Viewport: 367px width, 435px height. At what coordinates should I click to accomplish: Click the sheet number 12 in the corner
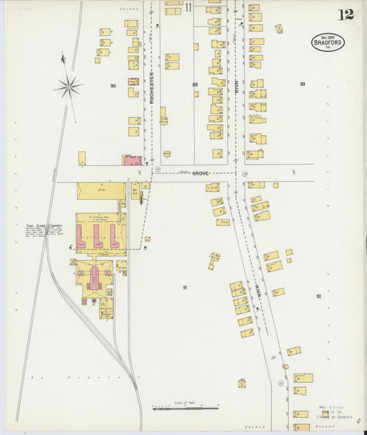click(x=345, y=14)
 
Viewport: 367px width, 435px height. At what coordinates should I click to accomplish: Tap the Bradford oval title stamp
click(x=327, y=41)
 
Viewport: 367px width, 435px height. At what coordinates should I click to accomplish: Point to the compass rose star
click(x=69, y=86)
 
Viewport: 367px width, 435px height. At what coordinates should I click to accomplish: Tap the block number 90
click(x=112, y=86)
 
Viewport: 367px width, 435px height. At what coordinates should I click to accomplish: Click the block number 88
click(x=195, y=85)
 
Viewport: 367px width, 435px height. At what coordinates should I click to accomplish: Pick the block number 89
click(x=302, y=84)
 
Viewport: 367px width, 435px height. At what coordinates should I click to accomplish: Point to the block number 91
click(x=185, y=287)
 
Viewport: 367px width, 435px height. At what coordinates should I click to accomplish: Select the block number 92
click(x=318, y=296)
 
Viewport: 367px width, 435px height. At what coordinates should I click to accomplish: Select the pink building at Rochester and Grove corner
click(x=132, y=160)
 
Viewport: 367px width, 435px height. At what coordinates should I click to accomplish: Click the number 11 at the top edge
click(x=188, y=8)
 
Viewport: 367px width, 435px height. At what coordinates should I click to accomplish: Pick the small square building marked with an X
click(x=242, y=383)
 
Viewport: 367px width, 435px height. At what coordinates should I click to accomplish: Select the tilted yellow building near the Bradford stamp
click(x=279, y=29)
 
